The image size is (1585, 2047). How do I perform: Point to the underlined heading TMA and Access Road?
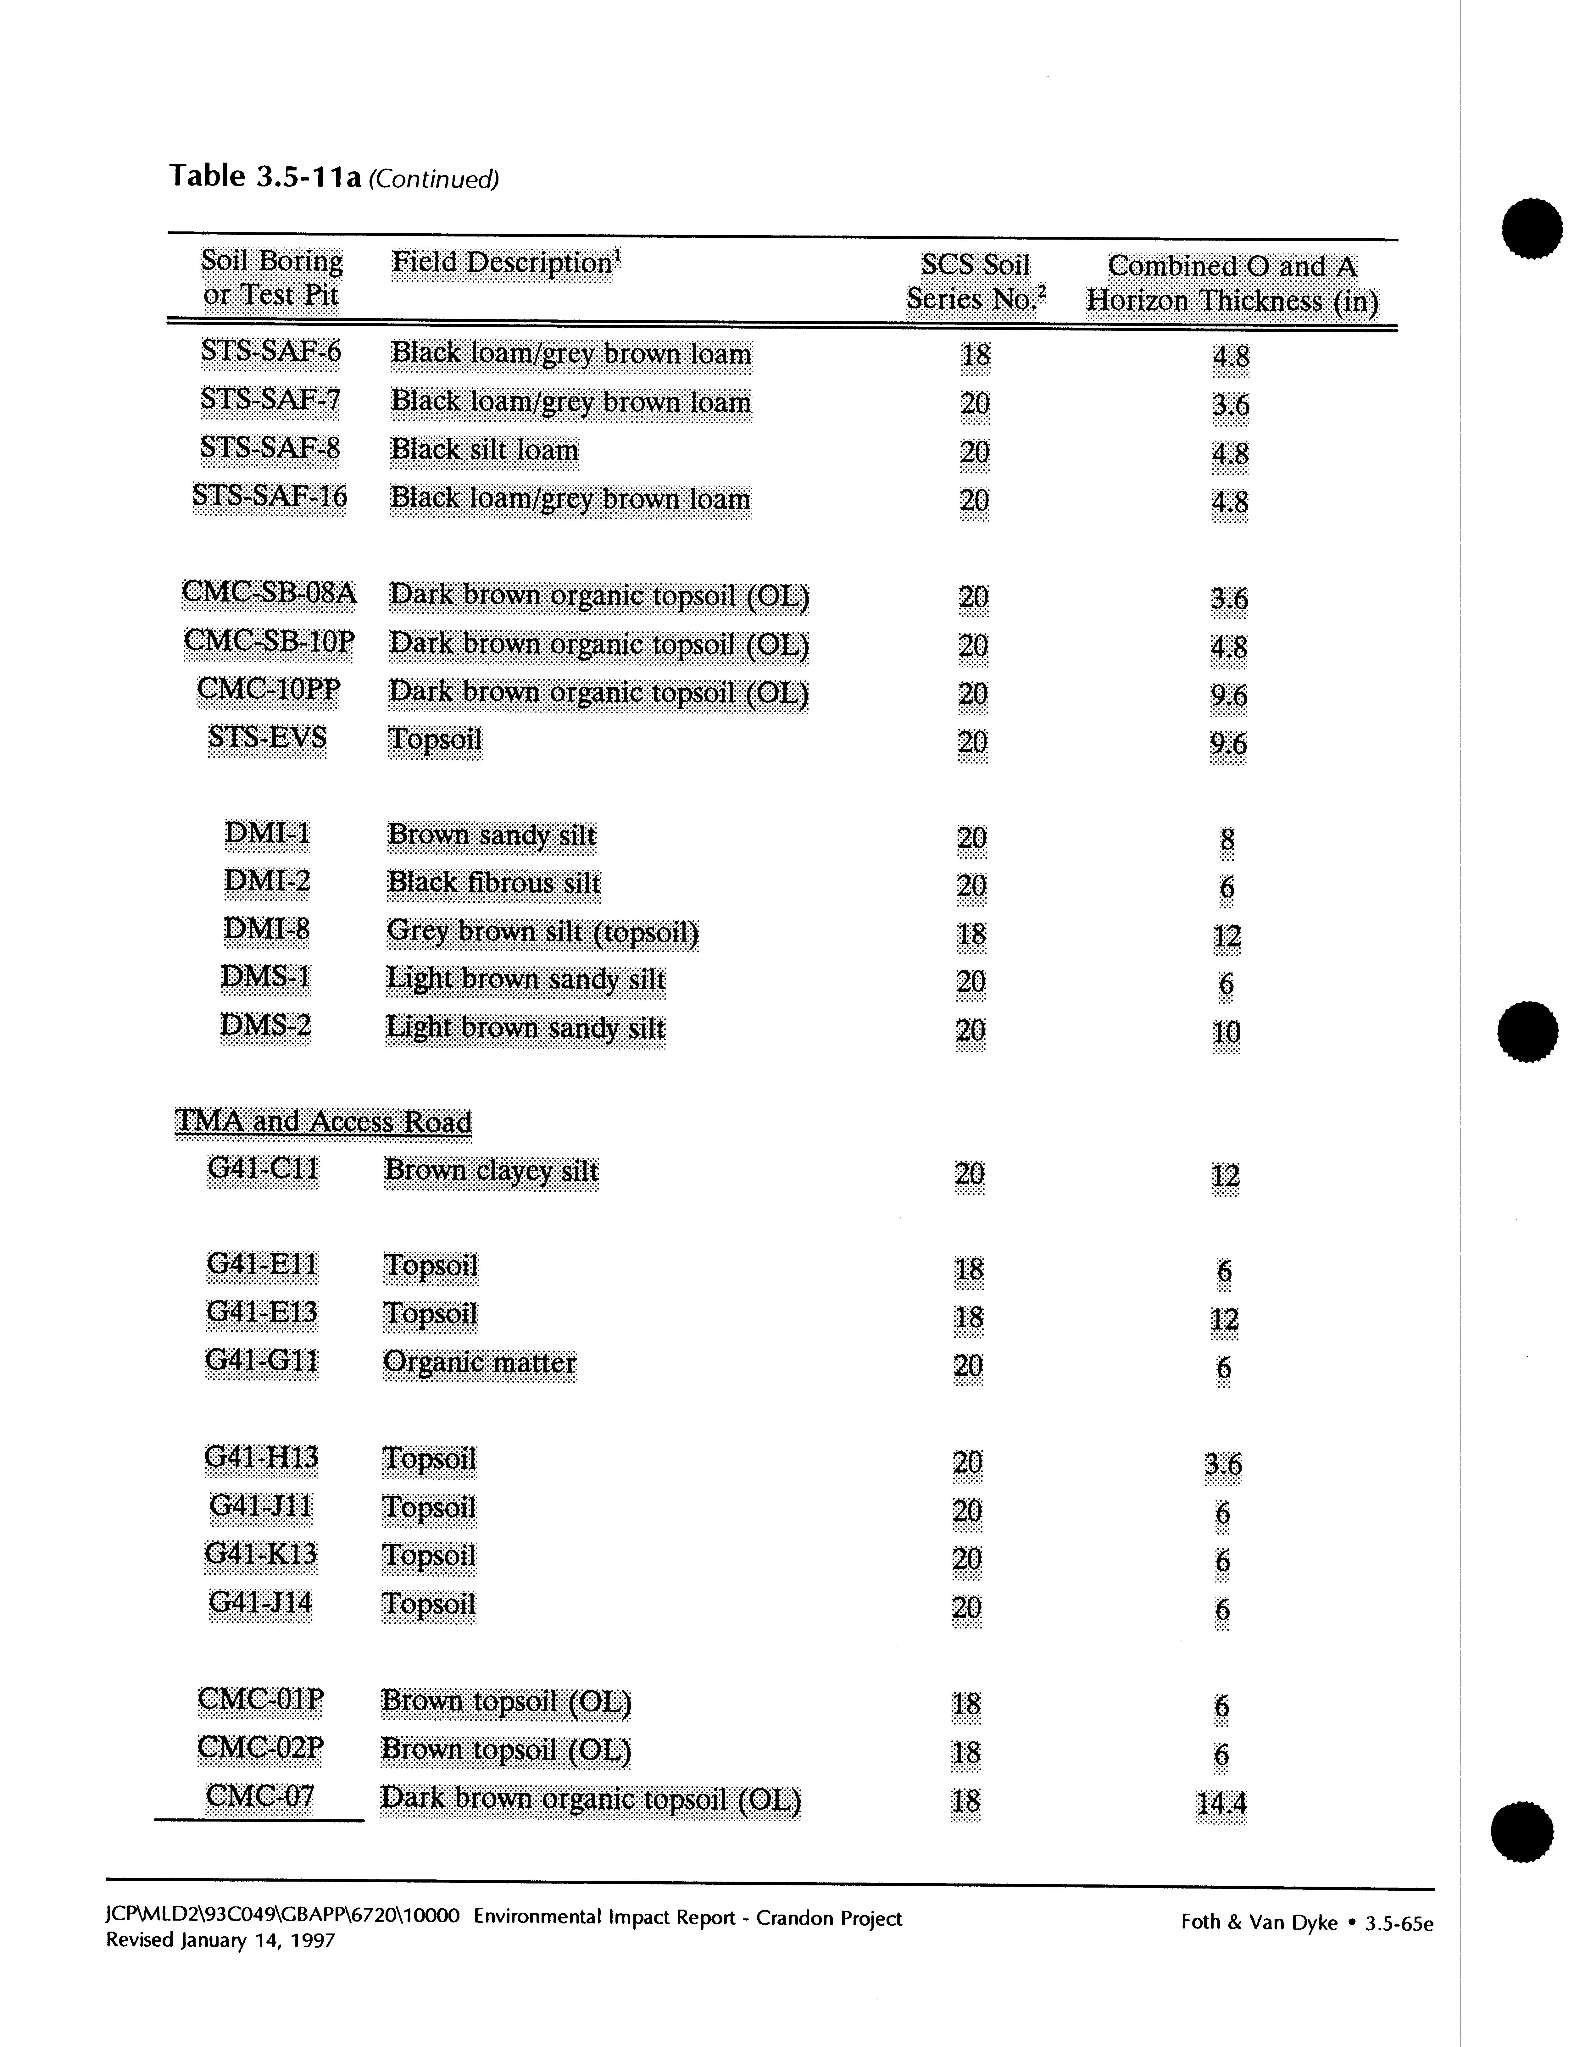click(x=323, y=1122)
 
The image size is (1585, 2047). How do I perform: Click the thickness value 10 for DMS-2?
click(x=1226, y=1032)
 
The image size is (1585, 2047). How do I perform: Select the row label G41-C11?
click(x=264, y=1170)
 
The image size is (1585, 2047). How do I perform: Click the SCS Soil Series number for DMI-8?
click(x=972, y=935)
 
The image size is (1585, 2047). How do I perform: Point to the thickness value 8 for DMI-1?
click(x=1227, y=839)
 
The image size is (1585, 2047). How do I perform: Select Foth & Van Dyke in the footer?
click(x=1259, y=1922)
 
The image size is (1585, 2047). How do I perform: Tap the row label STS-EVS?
click(x=267, y=738)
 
